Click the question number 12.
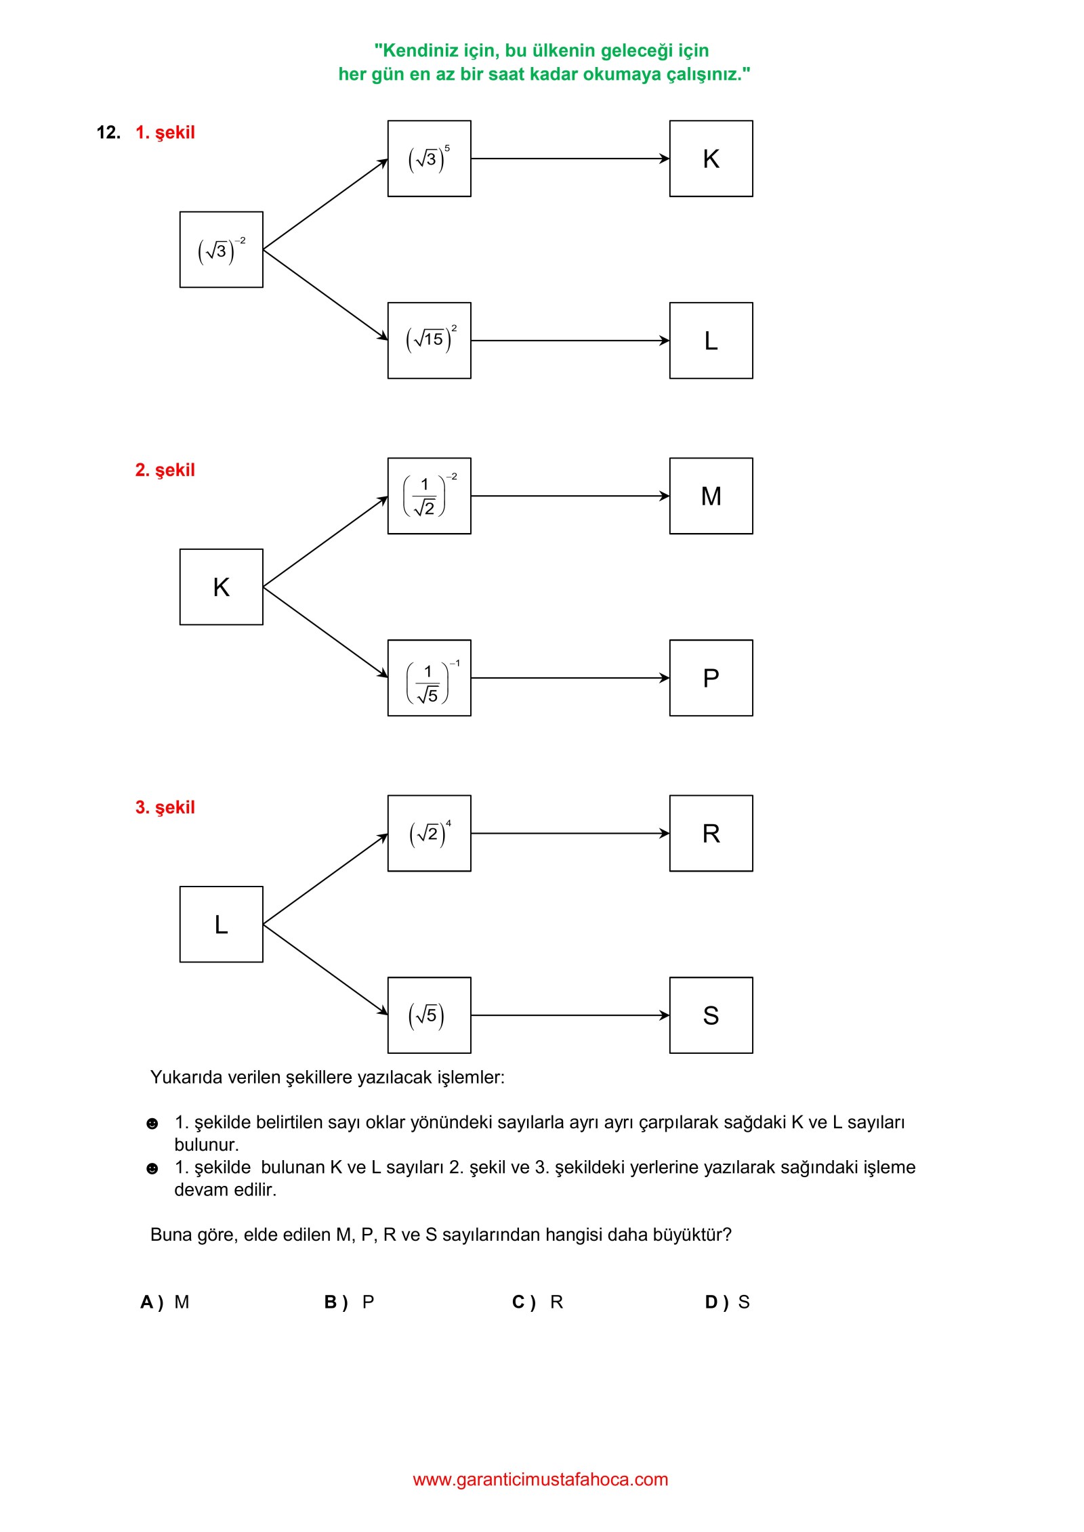point(108,132)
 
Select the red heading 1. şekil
point(165,133)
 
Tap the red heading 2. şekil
point(165,470)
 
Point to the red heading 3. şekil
point(165,807)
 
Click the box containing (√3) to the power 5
point(429,158)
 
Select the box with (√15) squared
point(429,341)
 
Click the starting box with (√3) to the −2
point(221,249)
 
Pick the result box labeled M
point(711,496)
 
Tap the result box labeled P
point(711,678)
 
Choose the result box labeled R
point(711,833)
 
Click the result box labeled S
point(711,1015)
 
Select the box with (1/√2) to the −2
point(429,496)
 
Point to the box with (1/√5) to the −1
point(429,678)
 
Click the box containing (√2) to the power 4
point(429,833)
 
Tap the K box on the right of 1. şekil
point(711,158)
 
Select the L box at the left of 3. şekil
point(221,924)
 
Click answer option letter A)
point(152,1302)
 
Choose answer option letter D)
point(717,1302)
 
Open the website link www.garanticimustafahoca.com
point(541,1480)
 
